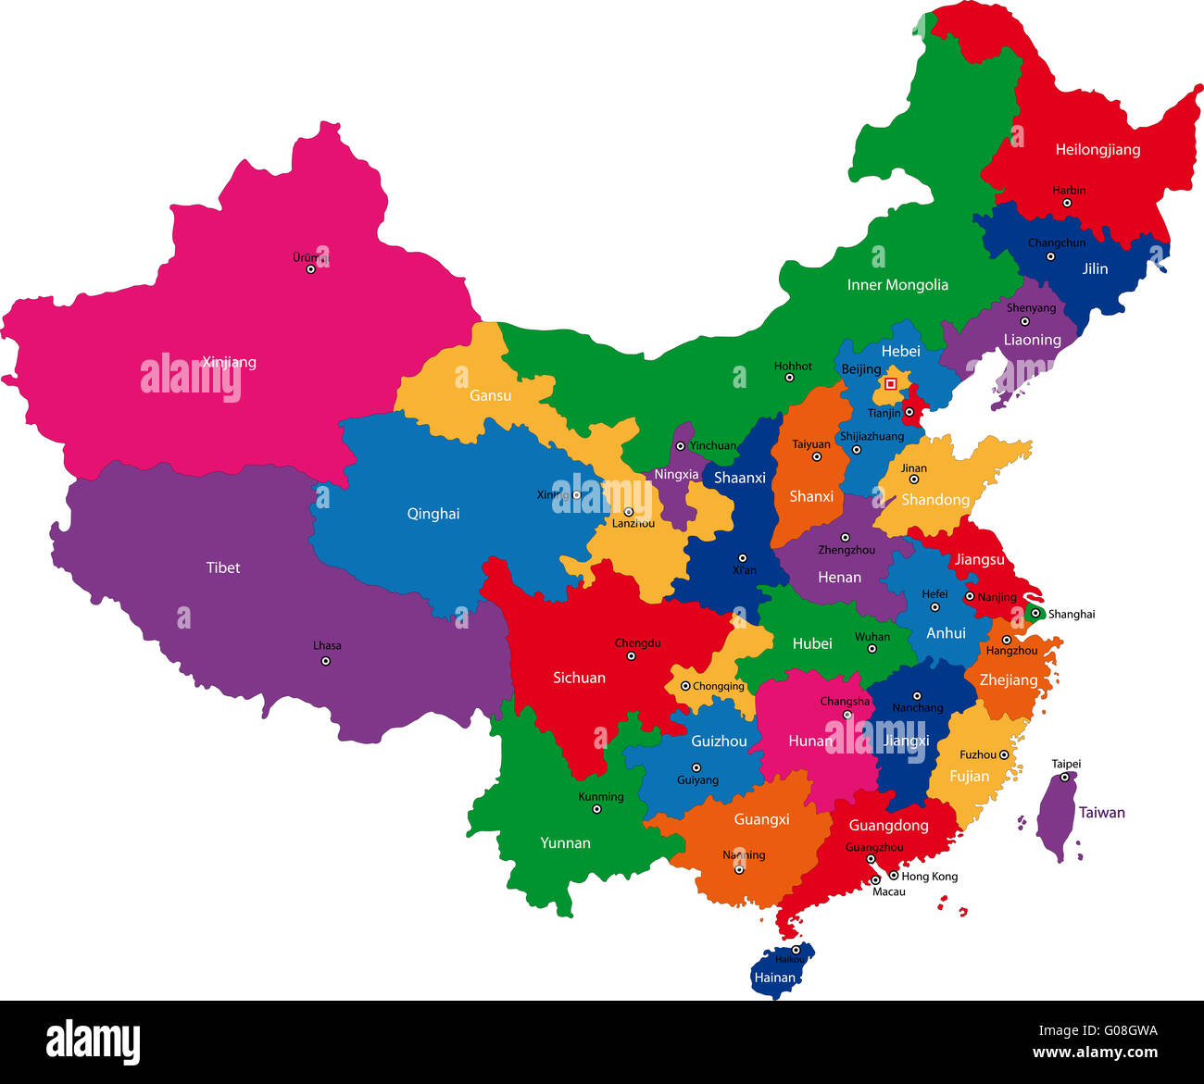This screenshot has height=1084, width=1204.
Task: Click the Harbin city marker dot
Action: pos(1067,203)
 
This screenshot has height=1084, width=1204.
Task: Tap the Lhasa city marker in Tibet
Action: pos(325,661)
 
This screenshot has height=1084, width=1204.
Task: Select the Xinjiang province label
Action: pos(229,362)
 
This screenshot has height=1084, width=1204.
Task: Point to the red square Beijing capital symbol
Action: pos(891,383)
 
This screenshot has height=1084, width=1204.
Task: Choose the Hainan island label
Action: pos(774,978)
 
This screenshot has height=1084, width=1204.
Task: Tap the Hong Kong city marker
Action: pos(894,876)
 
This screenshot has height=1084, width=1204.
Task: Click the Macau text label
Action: pos(888,892)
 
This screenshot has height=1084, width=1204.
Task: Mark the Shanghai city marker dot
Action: pos(1035,613)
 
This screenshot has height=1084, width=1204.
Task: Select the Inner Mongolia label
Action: pos(897,285)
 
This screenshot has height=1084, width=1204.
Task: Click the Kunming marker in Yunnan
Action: pos(596,809)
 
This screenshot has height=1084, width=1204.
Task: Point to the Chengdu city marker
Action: pos(632,655)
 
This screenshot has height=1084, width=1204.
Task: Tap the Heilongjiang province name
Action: pos(1097,150)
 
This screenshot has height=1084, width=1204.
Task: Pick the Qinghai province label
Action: pos(433,514)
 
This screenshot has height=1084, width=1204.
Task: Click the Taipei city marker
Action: pos(1064,777)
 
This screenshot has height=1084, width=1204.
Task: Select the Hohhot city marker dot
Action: pos(790,378)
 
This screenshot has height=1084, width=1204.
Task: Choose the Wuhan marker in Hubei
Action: pos(872,649)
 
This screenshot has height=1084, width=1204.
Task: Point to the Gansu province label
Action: pos(490,395)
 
